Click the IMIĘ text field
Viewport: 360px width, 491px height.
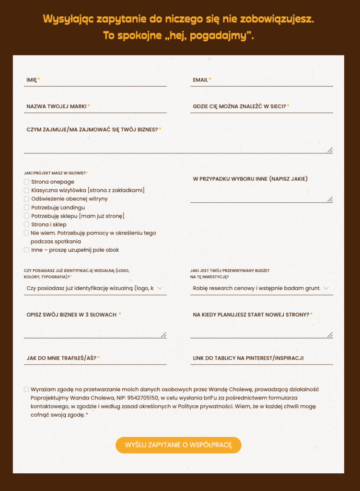[x=95, y=80]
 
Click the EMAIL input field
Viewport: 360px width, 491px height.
[x=261, y=80]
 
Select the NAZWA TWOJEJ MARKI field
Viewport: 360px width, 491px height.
[x=95, y=106]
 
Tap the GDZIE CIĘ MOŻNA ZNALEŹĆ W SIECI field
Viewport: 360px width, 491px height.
[x=261, y=106]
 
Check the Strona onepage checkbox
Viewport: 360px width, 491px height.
[x=26, y=182]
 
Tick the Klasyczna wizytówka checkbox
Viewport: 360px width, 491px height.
[x=26, y=190]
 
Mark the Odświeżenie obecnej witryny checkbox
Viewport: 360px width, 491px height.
[x=26, y=199]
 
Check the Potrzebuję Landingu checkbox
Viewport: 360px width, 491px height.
[x=26, y=208]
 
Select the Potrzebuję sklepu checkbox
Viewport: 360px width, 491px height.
[x=26, y=216]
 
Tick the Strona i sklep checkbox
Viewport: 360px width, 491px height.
[x=26, y=224]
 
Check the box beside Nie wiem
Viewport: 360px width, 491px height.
[x=26, y=233]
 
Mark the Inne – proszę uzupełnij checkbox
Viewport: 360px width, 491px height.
[x=26, y=250]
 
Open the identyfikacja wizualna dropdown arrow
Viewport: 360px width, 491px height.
[x=160, y=288]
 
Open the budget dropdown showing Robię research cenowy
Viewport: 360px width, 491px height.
[x=261, y=288]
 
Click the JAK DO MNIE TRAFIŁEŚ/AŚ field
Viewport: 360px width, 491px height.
[x=95, y=358]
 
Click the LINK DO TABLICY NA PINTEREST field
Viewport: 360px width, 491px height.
[x=261, y=358]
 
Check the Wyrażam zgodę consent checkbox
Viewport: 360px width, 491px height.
[x=26, y=389]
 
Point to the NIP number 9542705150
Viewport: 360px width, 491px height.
[x=142, y=397]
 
